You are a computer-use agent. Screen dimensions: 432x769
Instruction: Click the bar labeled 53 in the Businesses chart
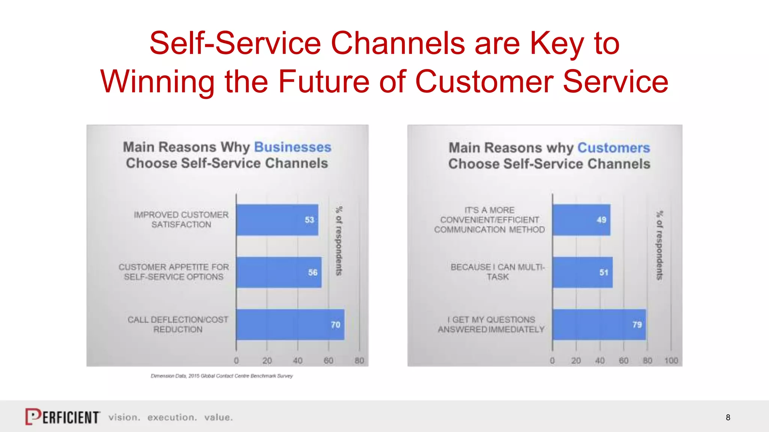tap(277, 220)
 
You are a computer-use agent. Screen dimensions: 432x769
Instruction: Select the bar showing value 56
tap(279, 272)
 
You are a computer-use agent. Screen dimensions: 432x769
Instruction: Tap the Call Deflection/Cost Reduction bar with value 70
tap(290, 325)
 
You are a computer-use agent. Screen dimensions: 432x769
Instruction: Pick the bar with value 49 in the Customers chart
tap(581, 220)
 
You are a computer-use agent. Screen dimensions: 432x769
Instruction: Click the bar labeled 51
tap(582, 272)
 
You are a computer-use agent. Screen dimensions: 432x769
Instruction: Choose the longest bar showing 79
tap(599, 325)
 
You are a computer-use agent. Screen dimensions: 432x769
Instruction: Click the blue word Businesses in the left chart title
tap(293, 147)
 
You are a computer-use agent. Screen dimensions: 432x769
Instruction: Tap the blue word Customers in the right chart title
tap(614, 148)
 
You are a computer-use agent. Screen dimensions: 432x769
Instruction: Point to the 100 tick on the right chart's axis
tap(671, 361)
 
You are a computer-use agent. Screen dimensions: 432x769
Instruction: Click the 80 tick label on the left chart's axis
tap(359, 361)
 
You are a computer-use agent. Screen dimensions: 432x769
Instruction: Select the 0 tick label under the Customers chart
tap(552, 361)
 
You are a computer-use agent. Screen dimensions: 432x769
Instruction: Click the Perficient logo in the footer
tap(62, 417)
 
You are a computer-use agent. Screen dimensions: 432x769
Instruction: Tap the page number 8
tap(728, 417)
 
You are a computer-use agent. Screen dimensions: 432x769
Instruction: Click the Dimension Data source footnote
tap(222, 376)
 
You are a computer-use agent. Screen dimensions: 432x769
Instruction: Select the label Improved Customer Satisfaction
tap(181, 220)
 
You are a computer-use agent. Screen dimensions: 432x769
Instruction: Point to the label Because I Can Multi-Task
tap(498, 272)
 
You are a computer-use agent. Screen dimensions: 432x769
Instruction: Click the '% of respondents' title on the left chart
tap(339, 241)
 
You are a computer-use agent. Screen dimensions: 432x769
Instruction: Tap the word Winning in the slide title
tap(157, 81)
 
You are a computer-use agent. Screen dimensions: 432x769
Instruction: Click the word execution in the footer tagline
tap(172, 417)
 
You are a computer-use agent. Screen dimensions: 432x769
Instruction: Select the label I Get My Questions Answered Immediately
tap(491, 324)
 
